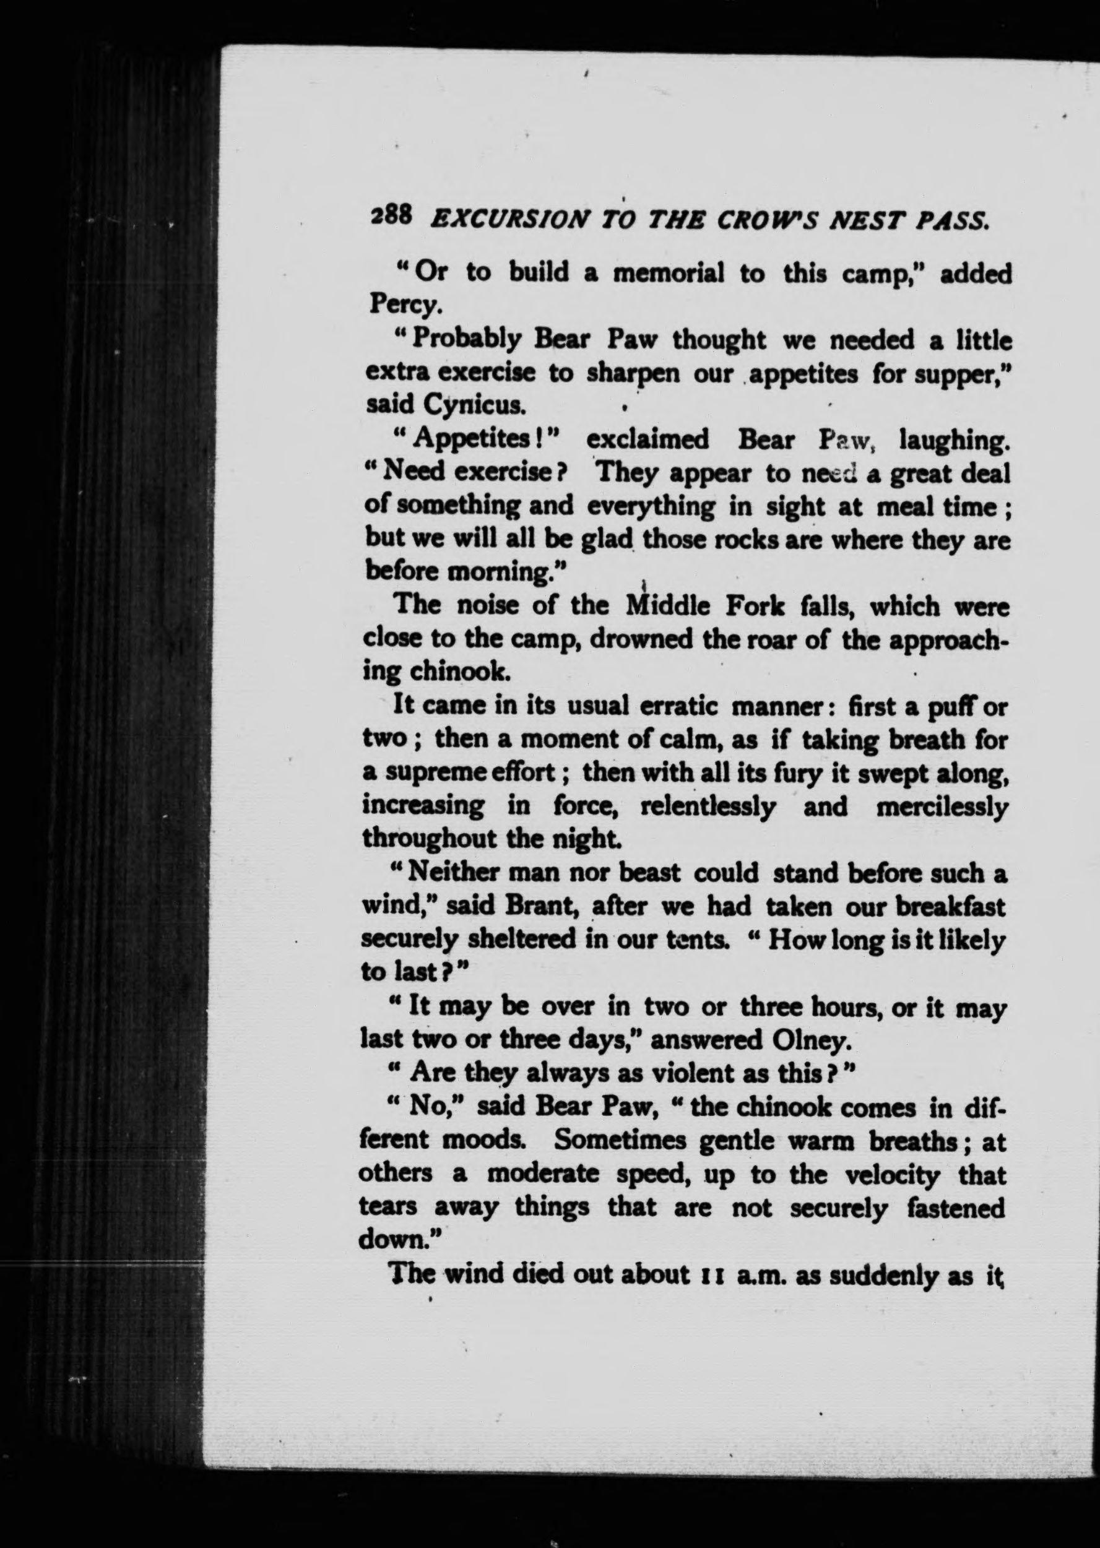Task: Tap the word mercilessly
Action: click(941, 806)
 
